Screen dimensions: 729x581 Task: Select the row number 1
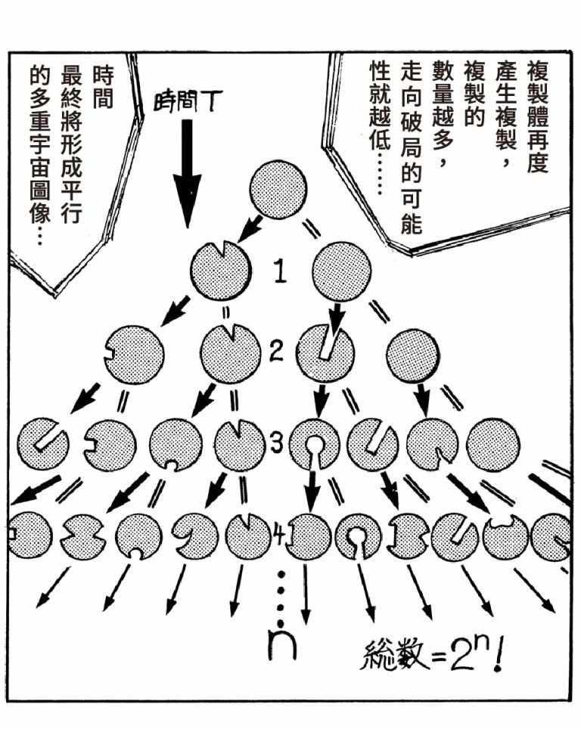(279, 270)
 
